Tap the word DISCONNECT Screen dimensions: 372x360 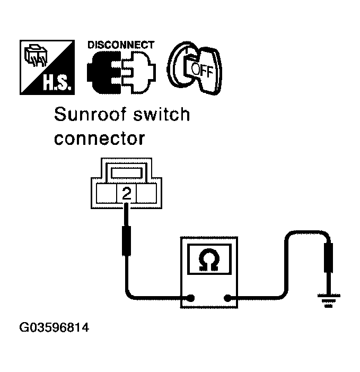click(121, 45)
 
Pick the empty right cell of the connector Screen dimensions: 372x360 click(146, 194)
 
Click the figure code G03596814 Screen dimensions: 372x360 click(54, 327)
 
